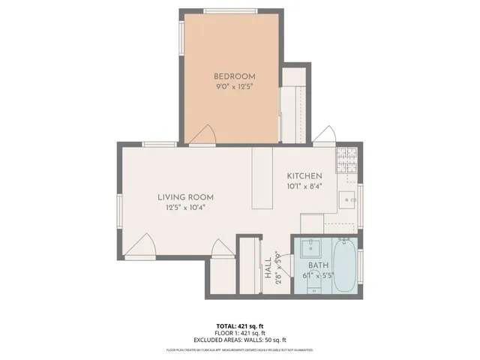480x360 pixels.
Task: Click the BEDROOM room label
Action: pos(235,76)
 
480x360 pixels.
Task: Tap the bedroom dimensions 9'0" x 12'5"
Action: pos(235,87)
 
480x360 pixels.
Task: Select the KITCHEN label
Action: pos(304,175)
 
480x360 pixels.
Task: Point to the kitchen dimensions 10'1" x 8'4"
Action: pos(304,186)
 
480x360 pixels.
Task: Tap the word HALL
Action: pos(268,268)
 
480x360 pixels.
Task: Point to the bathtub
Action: pos(346,266)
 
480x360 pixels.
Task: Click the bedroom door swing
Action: pos(202,135)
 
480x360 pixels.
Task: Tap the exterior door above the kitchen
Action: pos(324,135)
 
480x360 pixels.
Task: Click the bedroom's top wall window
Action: pos(228,10)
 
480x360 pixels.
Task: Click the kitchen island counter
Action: pos(262,178)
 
